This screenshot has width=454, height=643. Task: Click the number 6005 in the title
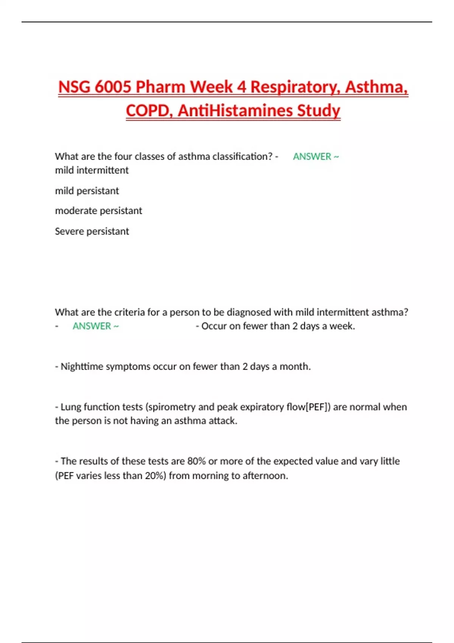(112, 87)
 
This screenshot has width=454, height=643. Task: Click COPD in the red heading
(149, 111)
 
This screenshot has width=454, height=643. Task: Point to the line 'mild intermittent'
(92, 170)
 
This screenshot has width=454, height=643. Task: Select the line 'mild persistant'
(87, 191)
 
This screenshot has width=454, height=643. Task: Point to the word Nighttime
(82, 367)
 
